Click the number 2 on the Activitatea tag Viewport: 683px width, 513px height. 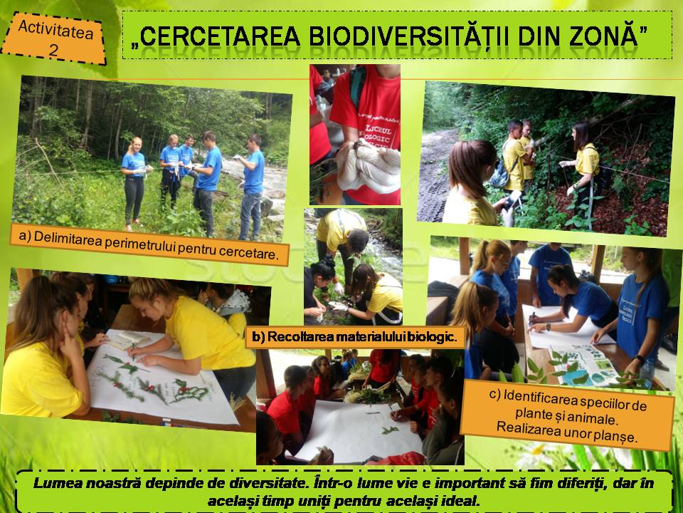(53, 51)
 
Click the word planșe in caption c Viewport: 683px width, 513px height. (619, 436)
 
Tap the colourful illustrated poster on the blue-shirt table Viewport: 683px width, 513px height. (583, 365)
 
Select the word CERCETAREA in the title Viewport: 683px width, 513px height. (220, 36)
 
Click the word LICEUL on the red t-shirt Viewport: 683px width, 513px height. (378, 130)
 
